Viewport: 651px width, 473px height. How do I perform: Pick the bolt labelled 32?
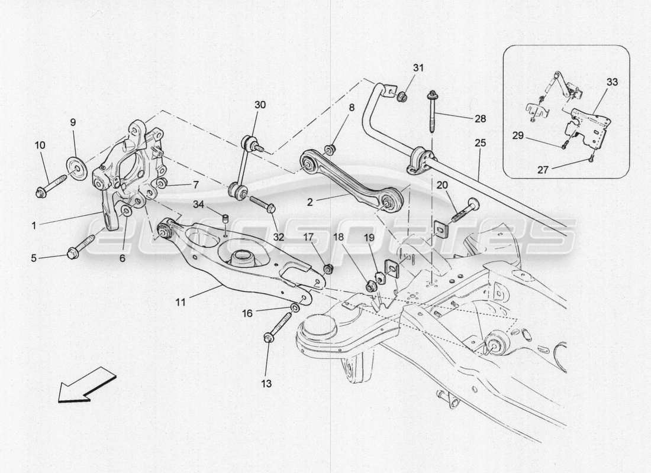coord(262,205)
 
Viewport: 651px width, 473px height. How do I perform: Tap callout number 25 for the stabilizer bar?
coord(479,143)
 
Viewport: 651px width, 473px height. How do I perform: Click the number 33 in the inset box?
coord(611,82)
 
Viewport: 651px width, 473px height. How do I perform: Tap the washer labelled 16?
coord(295,309)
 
